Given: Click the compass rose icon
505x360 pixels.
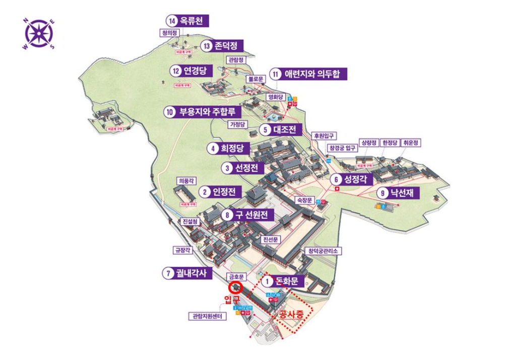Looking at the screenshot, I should tap(38, 34).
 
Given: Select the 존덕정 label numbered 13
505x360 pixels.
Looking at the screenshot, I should tap(221, 46).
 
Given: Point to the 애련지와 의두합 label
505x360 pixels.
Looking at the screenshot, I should tap(307, 74).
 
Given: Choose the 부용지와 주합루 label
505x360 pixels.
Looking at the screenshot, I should tap(202, 112).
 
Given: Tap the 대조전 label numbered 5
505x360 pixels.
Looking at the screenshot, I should tap(281, 129).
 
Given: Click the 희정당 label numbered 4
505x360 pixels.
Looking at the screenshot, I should tap(228, 148).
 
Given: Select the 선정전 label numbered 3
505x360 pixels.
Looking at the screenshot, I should tap(242, 168).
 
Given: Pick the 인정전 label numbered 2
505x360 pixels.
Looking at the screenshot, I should tap(220, 191).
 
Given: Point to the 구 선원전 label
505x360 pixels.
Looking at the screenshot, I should tap(248, 215).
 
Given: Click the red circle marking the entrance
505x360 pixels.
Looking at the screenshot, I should tap(235, 287).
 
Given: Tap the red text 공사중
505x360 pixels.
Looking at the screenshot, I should tap(292, 315).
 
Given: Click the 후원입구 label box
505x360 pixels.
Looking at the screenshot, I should tap(324, 135).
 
